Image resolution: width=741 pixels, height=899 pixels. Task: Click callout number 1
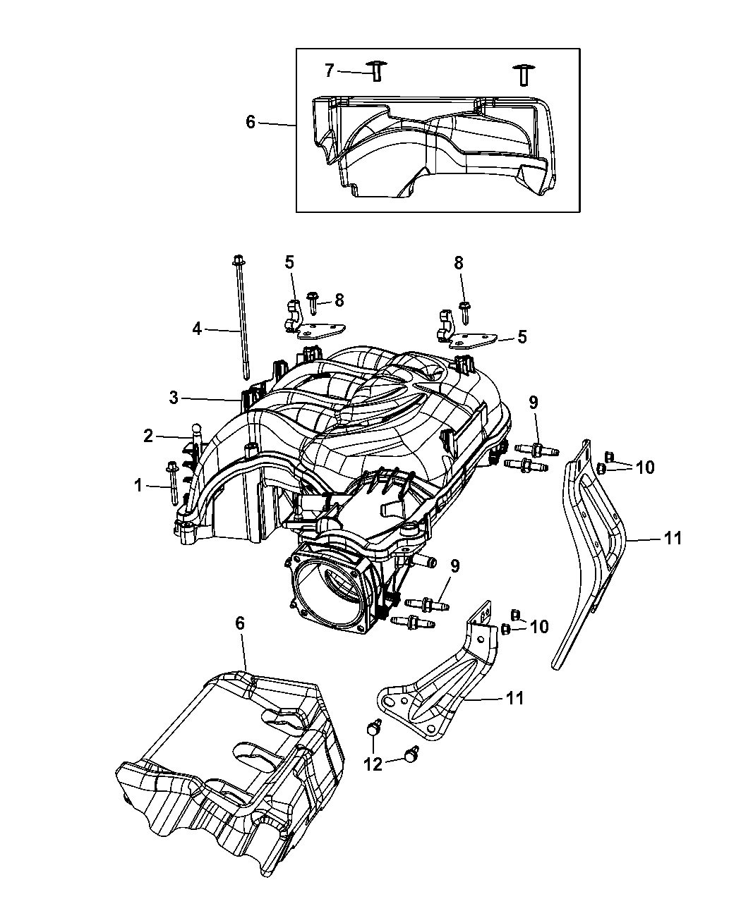pyautogui.click(x=138, y=485)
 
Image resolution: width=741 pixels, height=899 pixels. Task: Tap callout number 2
pyautogui.click(x=148, y=436)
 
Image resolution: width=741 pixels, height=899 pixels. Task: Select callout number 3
pyautogui.click(x=174, y=398)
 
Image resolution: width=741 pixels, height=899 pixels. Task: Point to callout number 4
pyautogui.click(x=198, y=328)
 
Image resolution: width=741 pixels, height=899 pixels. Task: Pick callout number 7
pyautogui.click(x=329, y=71)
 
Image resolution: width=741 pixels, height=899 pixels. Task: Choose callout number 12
pyautogui.click(x=373, y=764)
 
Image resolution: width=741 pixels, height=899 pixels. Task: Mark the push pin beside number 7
pyautogui.click(x=376, y=71)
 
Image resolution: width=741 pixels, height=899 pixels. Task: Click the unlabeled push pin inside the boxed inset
pyautogui.click(x=523, y=73)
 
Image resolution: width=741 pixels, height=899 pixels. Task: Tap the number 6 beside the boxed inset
pyautogui.click(x=251, y=122)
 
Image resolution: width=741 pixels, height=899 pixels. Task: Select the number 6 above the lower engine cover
pyautogui.click(x=241, y=623)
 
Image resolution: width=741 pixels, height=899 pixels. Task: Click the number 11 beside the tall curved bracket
pyautogui.click(x=673, y=538)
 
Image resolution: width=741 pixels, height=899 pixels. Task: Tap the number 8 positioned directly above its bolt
pyautogui.click(x=459, y=263)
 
